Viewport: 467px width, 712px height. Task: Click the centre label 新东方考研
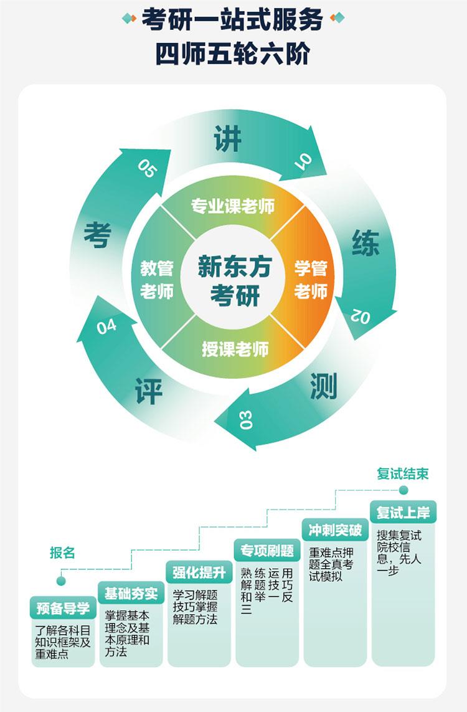(235, 280)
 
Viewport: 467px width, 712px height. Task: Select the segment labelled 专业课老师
(233, 206)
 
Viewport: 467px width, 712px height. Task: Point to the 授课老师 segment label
(235, 349)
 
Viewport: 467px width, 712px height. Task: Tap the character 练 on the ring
(366, 243)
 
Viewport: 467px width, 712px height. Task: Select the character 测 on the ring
(324, 386)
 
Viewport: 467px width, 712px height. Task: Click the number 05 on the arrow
(147, 168)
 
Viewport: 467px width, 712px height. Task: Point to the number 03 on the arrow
(245, 420)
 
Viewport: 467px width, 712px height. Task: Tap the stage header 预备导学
(63, 609)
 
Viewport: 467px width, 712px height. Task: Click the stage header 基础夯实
(131, 593)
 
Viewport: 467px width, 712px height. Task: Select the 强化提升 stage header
(199, 572)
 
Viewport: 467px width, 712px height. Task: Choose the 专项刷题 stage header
(267, 551)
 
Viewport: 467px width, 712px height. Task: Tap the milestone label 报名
(62, 553)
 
